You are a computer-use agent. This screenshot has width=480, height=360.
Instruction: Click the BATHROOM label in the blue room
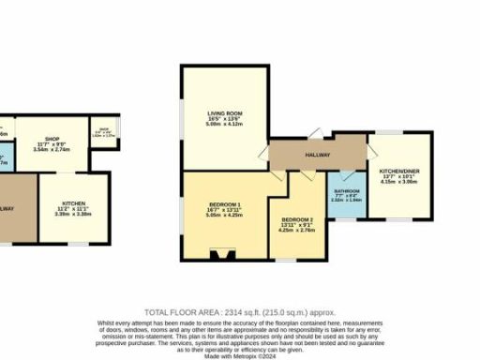(x=346, y=190)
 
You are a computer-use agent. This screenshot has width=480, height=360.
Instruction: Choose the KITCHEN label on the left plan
(x=74, y=203)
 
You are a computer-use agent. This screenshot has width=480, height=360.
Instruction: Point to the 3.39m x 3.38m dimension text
(x=74, y=214)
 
